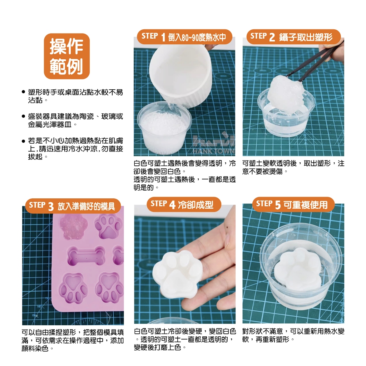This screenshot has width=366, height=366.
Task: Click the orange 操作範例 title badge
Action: tap(67, 56)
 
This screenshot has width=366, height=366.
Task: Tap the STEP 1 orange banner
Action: tap(184, 37)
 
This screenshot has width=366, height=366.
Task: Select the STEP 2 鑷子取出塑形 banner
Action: tap(293, 37)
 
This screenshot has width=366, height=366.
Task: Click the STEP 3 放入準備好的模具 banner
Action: tap(73, 206)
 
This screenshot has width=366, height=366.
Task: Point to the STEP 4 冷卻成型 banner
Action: tap(184, 204)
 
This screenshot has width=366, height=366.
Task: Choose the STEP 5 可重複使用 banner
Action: tap(293, 204)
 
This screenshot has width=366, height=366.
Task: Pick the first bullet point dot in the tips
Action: tap(23, 92)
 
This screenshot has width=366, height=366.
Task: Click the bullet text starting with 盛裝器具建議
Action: tap(75, 120)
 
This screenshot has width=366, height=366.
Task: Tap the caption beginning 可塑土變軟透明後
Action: tap(293, 167)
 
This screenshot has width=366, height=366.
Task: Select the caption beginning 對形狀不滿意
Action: tap(293, 335)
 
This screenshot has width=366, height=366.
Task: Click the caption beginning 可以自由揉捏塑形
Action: tap(73, 340)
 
